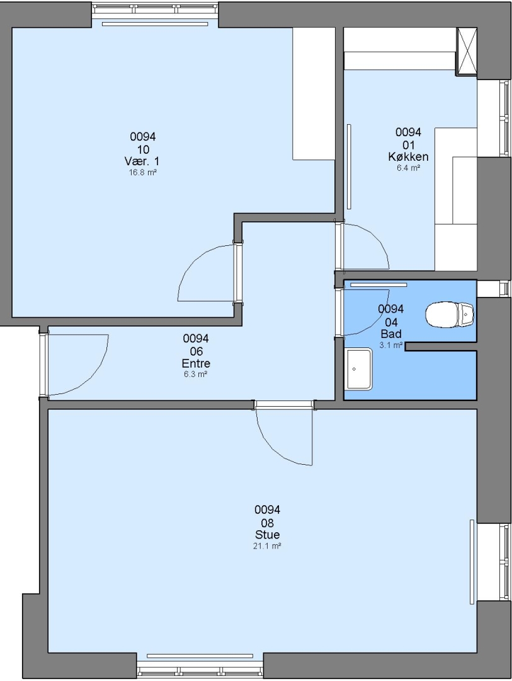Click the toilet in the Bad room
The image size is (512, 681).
[x=450, y=315]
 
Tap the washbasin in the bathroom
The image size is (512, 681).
[x=359, y=369]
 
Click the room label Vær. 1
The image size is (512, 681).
[x=142, y=161]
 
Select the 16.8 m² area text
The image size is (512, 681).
[x=143, y=172]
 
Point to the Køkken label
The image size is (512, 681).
[x=408, y=157]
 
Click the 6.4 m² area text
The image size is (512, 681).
[x=408, y=168]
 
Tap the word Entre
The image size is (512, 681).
[x=196, y=363]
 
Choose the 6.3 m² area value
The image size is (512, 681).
[x=196, y=375]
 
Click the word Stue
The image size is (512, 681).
[x=267, y=535]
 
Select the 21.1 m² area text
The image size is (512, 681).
[x=267, y=546]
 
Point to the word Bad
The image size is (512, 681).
[x=391, y=334]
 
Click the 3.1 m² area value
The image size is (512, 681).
[x=391, y=346]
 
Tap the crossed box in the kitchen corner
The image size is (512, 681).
[x=467, y=51]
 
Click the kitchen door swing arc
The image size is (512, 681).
[x=377, y=238]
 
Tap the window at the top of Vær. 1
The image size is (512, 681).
[x=155, y=8]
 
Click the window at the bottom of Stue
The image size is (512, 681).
[x=200, y=667]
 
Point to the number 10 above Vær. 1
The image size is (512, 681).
[x=143, y=150]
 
